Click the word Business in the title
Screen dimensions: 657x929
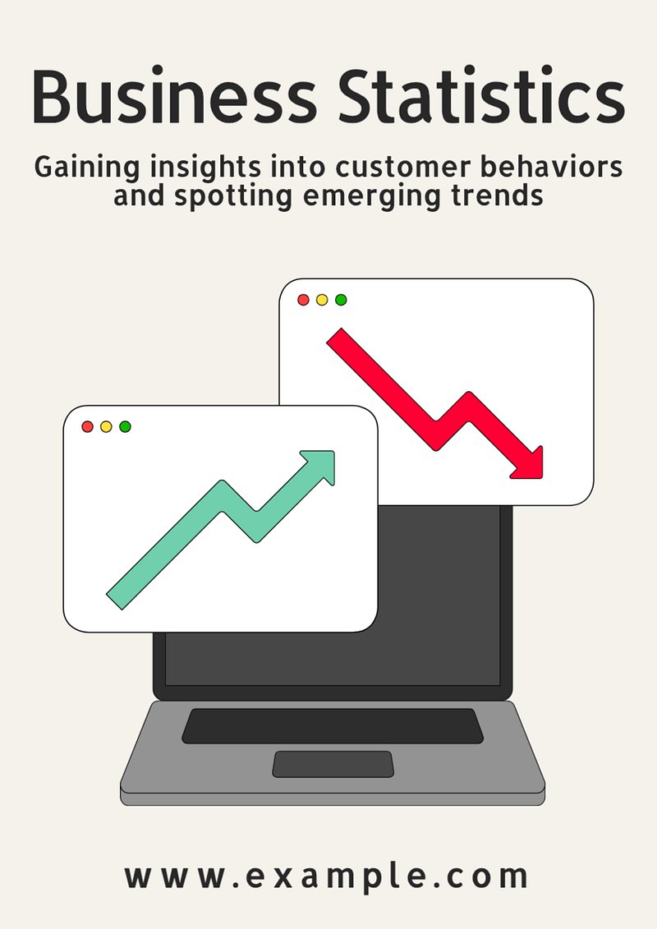point(174,96)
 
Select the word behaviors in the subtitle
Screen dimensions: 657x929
point(551,166)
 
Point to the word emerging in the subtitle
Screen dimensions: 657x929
point(371,196)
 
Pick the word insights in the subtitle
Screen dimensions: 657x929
point(205,168)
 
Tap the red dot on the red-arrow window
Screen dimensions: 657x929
point(303,300)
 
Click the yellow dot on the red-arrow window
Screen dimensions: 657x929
point(322,300)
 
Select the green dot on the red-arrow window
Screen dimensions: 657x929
point(341,300)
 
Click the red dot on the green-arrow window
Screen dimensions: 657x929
point(88,426)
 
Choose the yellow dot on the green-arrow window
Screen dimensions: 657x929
point(106,426)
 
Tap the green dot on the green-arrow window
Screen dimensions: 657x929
point(125,426)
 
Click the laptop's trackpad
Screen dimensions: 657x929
point(333,764)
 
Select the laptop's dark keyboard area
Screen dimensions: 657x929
point(333,726)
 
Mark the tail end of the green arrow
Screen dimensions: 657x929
point(115,601)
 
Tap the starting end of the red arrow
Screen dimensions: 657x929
point(335,337)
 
